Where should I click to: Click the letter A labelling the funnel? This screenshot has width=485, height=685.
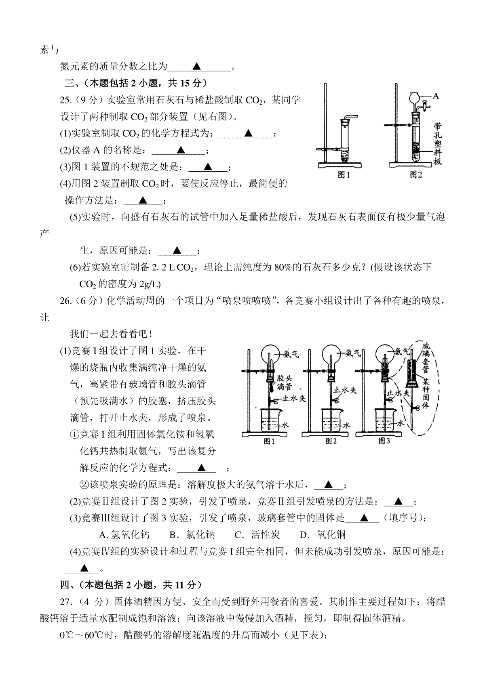point(436,96)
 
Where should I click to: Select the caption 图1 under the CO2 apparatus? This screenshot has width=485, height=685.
point(344,175)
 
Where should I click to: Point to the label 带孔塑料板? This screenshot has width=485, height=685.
point(438,144)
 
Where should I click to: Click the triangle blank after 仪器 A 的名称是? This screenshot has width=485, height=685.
point(181,149)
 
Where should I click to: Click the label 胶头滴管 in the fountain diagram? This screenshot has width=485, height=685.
point(285,382)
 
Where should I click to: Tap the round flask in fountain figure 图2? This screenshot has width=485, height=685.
point(331,354)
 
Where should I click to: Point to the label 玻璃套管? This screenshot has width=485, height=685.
point(426,358)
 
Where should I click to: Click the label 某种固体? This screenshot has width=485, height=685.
point(426,393)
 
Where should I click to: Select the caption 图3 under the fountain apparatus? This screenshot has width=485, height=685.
point(384,441)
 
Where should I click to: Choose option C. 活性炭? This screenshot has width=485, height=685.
point(257,534)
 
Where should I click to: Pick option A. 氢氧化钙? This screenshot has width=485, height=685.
point(124,534)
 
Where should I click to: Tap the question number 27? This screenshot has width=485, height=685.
point(65,602)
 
